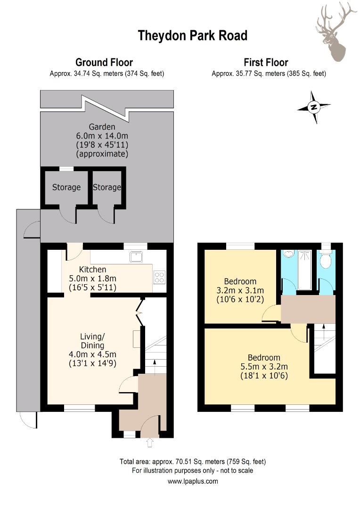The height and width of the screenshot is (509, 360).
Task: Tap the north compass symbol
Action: pyautogui.click(x=314, y=107)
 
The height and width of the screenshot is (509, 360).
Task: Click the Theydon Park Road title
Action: pyautogui.click(x=192, y=36)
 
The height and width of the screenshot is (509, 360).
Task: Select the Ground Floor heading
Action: pyautogui.click(x=104, y=62)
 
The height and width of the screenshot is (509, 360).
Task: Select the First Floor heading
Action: pyautogui.click(x=266, y=62)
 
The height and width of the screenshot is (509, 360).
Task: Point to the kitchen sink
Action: pyautogui.click(x=136, y=256)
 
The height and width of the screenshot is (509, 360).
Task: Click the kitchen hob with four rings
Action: pyautogui.click(x=159, y=278)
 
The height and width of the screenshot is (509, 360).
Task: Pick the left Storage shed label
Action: pyautogui.click(x=66, y=187)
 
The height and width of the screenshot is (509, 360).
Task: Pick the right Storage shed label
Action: pyautogui.click(x=106, y=187)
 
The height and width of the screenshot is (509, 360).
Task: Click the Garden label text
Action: pyautogui.click(x=102, y=126)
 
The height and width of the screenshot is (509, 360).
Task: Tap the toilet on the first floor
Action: pyautogui.click(x=326, y=259)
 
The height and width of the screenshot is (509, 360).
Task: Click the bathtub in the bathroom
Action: pyautogui.click(x=305, y=269)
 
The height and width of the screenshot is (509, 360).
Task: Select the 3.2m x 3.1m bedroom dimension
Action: pyautogui.click(x=240, y=290)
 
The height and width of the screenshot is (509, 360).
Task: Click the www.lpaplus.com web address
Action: pyautogui.click(x=193, y=481)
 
